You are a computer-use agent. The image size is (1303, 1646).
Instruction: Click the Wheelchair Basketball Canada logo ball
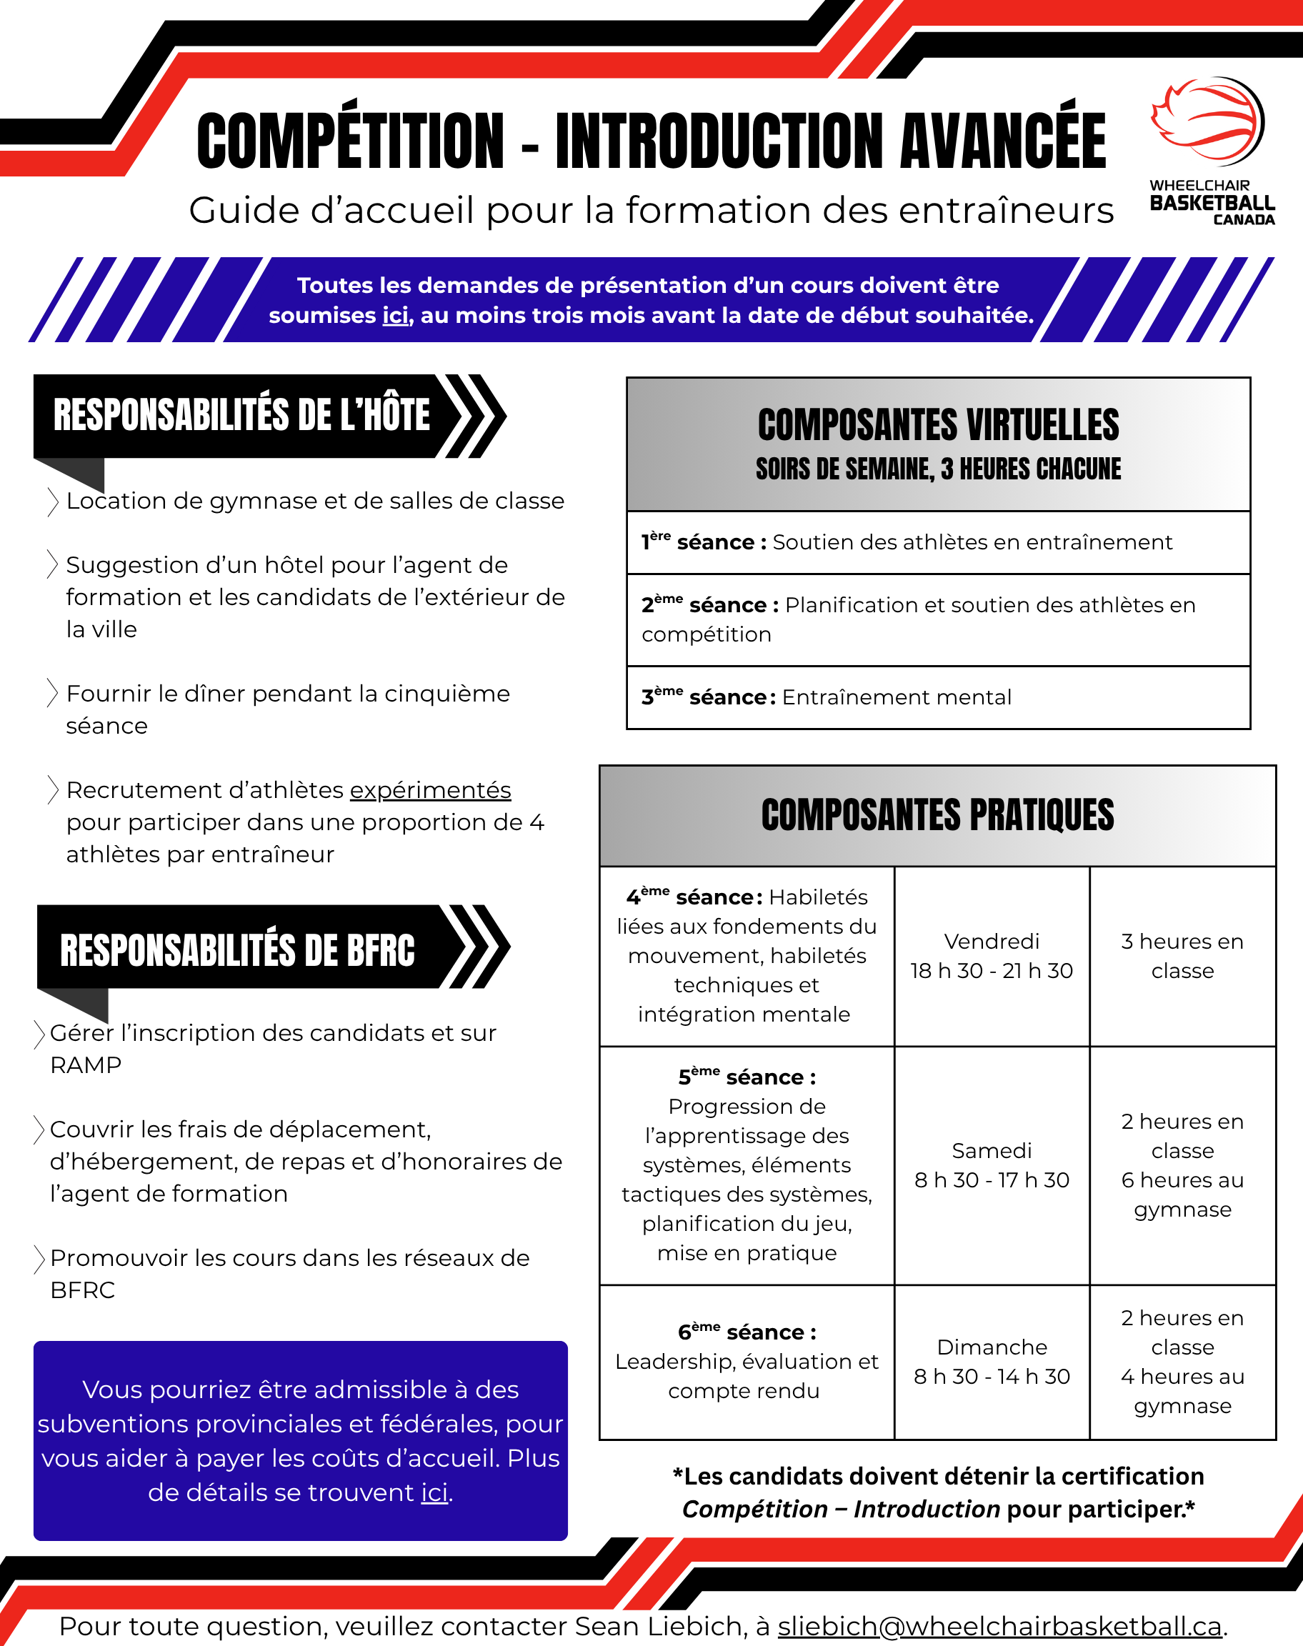(1209, 121)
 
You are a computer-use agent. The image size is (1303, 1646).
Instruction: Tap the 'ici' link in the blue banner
(395, 316)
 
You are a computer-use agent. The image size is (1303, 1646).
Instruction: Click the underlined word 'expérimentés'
(430, 790)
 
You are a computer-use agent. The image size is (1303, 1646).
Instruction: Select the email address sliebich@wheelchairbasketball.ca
(999, 1625)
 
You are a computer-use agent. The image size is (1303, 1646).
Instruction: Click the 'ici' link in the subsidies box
(435, 1492)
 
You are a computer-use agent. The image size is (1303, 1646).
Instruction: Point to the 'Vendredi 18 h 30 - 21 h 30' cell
(991, 956)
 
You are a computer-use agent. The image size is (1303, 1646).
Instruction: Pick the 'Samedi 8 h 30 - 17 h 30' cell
(991, 1164)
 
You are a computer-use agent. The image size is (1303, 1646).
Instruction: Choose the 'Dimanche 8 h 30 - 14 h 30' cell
(991, 1362)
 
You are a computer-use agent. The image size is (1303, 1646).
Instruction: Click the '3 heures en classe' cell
(1182, 956)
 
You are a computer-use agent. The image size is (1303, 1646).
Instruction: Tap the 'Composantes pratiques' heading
(937, 814)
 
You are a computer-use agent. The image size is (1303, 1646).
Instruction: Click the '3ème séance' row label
(706, 697)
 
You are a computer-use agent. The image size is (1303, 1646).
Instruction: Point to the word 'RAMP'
(86, 1064)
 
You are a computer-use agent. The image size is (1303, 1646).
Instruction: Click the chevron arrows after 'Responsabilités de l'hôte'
(475, 417)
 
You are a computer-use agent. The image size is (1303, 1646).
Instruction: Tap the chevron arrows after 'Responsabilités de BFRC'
(479, 947)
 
